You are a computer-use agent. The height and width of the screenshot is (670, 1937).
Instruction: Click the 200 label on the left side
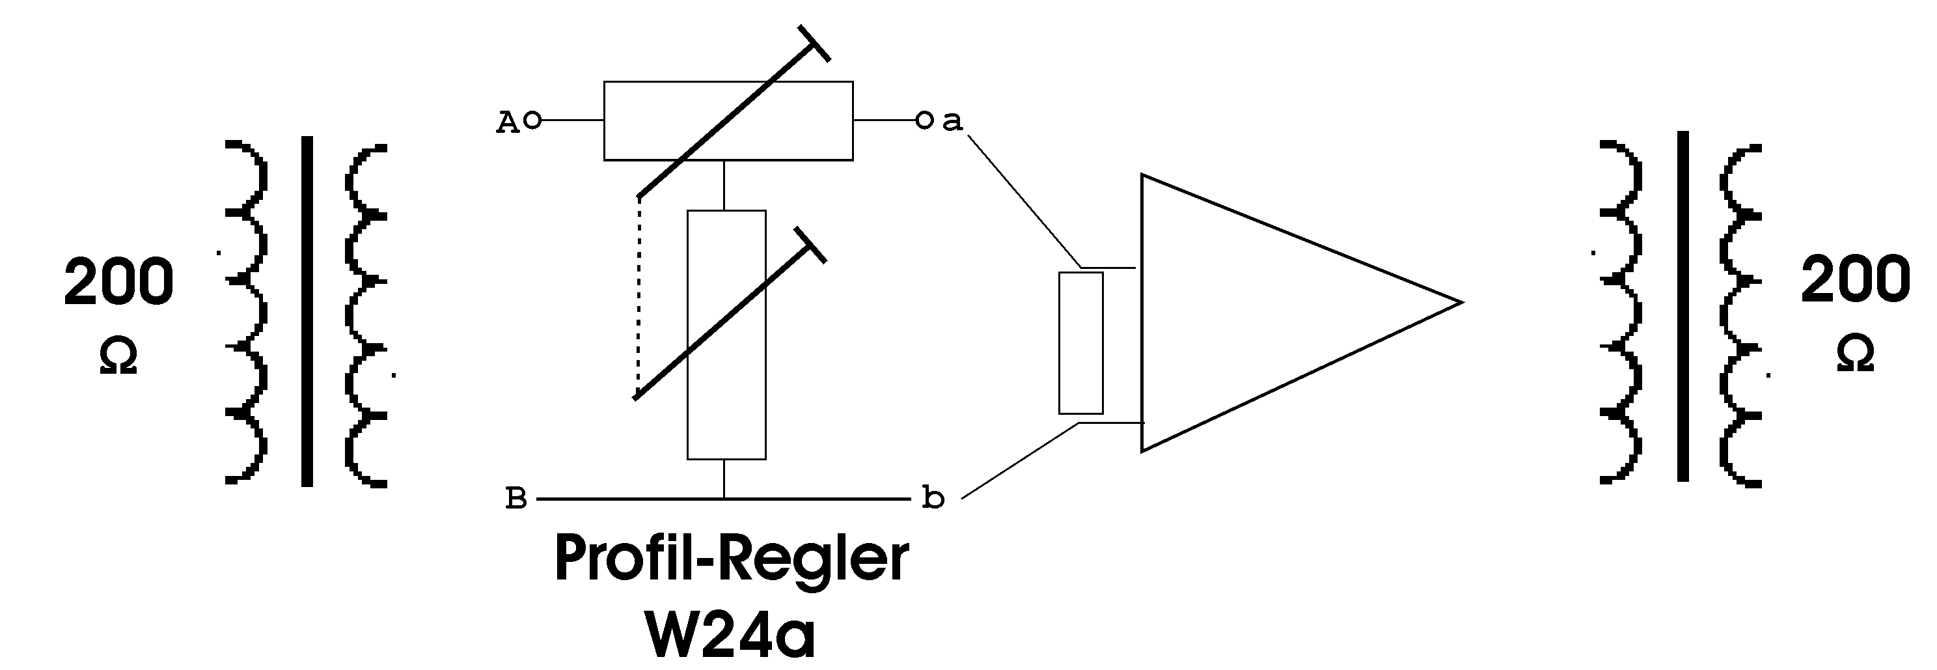[119, 281]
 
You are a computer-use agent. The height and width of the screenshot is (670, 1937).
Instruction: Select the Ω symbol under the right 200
[1855, 354]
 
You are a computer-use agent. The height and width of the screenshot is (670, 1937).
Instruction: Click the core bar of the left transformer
[307, 311]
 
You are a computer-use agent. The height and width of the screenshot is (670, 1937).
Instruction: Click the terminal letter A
[508, 122]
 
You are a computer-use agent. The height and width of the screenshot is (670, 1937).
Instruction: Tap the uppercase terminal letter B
[516, 499]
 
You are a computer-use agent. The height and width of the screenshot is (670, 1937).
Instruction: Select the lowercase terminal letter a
[952, 121]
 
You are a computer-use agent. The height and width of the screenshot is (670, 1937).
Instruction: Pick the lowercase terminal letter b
[933, 498]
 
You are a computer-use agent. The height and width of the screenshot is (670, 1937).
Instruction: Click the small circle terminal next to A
[532, 120]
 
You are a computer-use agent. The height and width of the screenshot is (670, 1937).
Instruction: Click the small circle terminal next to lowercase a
[924, 120]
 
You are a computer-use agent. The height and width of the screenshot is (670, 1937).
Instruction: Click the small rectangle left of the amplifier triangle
[1080, 343]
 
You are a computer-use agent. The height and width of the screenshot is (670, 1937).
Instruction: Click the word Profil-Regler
[731, 559]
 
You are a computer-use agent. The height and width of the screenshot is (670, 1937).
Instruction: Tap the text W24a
[730, 636]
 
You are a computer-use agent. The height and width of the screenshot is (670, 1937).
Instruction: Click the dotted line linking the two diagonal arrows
[639, 293]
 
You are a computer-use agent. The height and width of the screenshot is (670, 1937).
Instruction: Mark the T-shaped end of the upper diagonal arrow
[814, 44]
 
